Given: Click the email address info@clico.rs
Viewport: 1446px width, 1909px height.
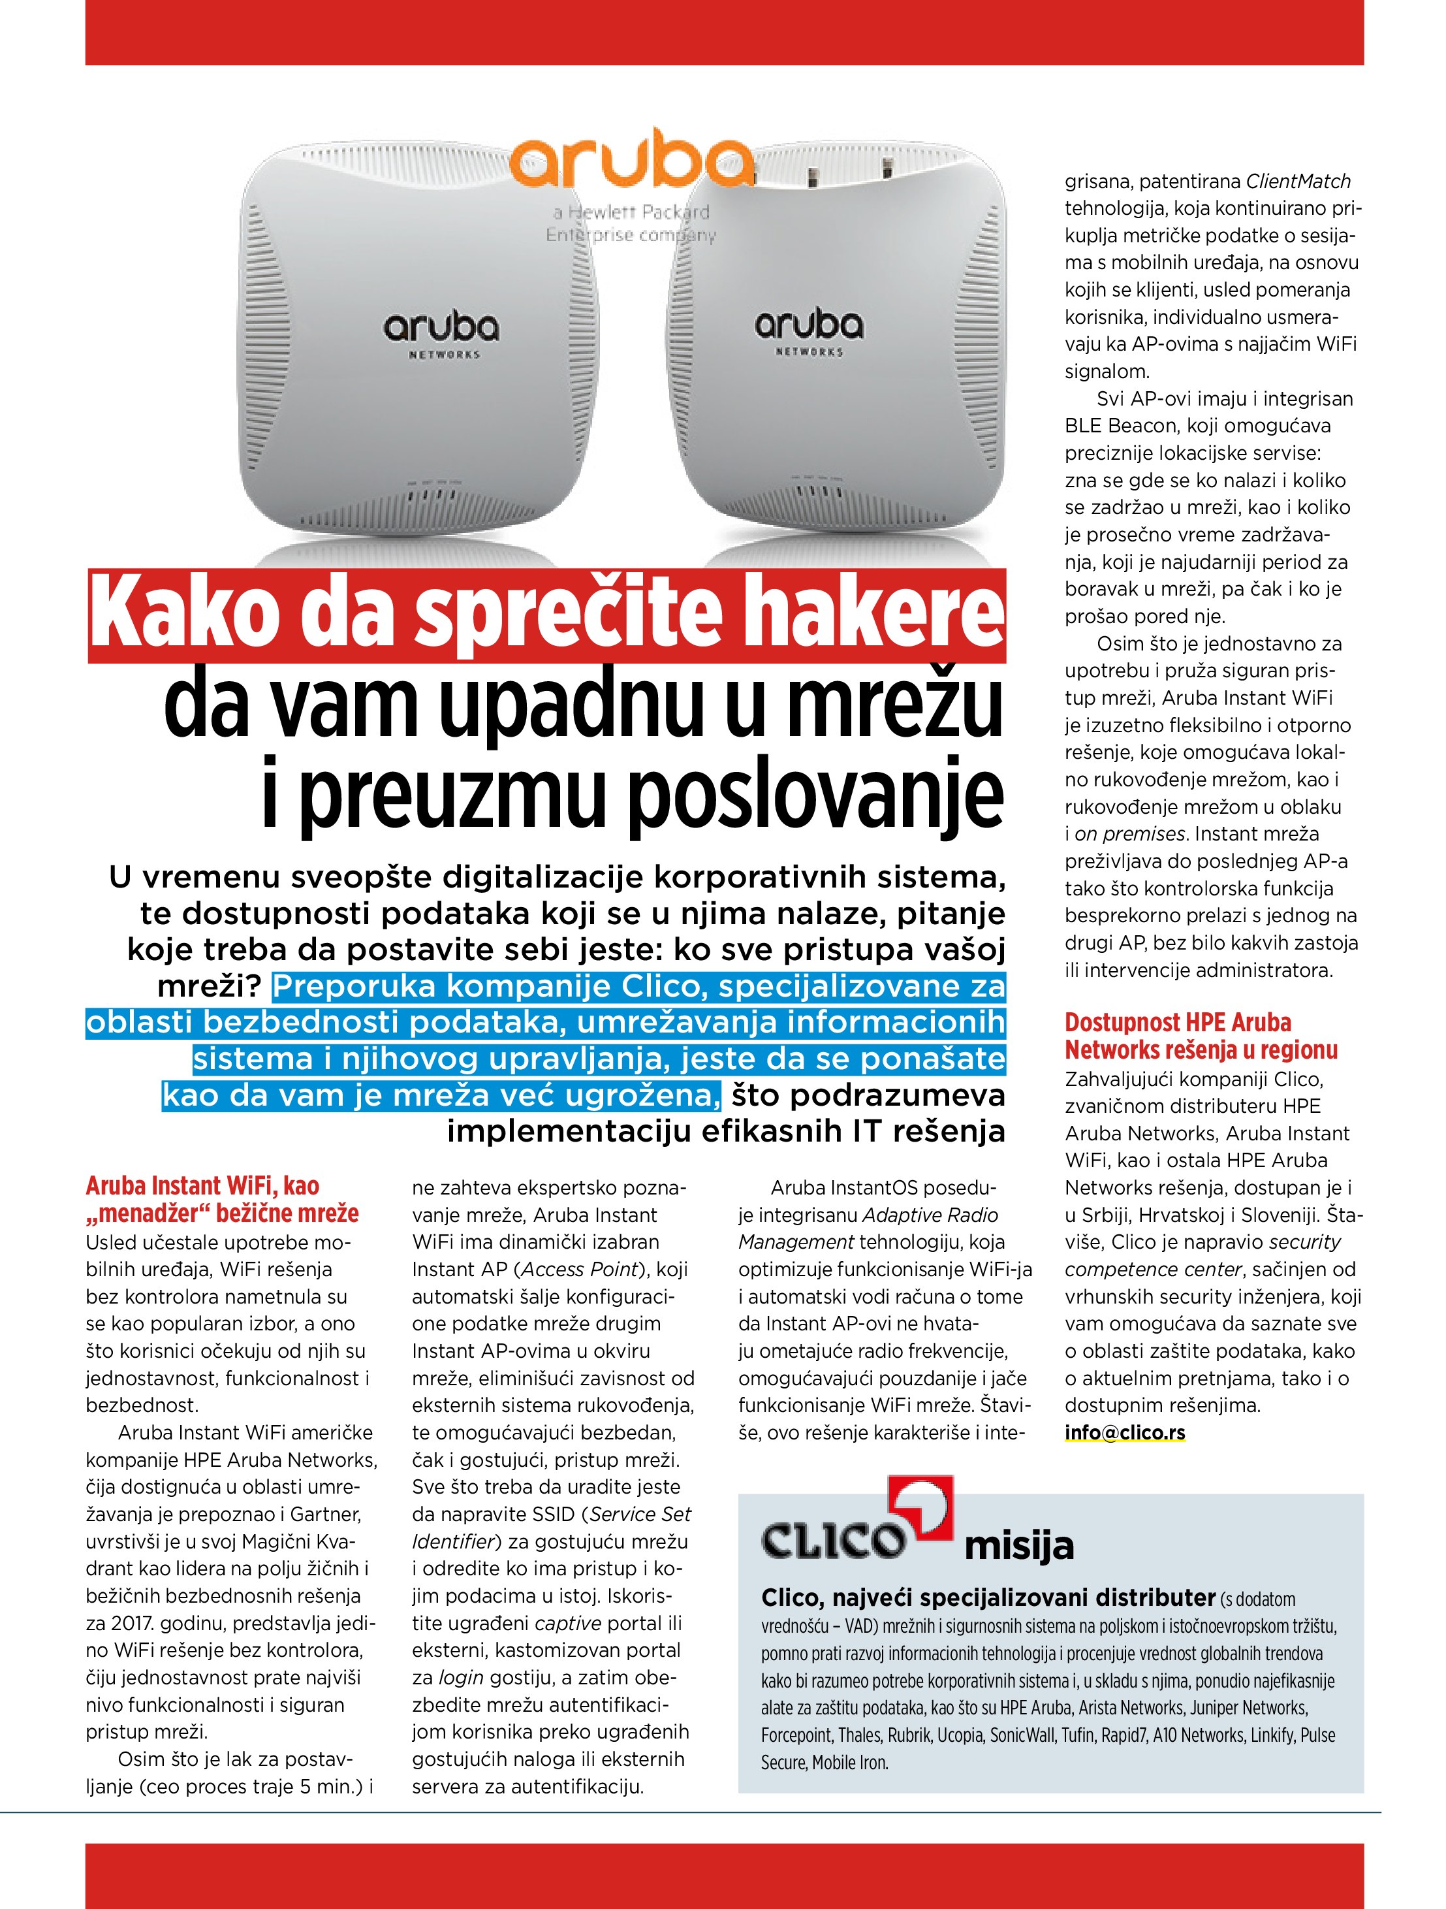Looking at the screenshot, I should [1124, 1433].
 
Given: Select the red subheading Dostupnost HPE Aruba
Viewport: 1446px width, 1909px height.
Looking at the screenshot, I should [1178, 1023].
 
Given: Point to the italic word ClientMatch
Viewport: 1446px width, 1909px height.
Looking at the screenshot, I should [1298, 182].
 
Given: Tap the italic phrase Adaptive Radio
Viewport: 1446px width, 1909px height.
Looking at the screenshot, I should [930, 1215].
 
